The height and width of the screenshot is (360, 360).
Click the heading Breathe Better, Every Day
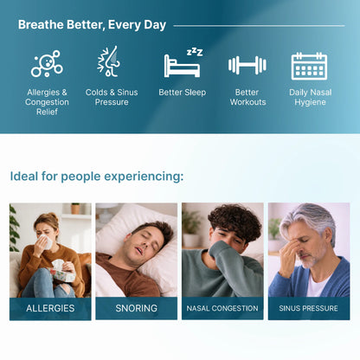tap(92, 25)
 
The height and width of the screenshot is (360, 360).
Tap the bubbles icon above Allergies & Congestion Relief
tap(47, 64)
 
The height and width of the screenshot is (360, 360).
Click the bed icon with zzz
tap(183, 63)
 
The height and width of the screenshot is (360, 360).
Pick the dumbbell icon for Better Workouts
tap(247, 65)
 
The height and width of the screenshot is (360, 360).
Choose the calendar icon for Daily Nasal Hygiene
tap(308, 65)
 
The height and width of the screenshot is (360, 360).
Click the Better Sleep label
tap(183, 92)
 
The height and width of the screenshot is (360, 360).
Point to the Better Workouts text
tap(247, 97)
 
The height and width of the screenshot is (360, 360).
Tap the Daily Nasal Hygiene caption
tap(309, 97)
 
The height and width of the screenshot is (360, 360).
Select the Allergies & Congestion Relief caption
tap(47, 101)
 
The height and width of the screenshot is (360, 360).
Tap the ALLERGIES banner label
tap(50, 308)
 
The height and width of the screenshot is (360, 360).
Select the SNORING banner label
tap(137, 308)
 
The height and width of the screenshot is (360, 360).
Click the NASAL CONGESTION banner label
tap(222, 308)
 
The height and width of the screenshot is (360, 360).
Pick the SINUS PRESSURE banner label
tap(309, 308)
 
